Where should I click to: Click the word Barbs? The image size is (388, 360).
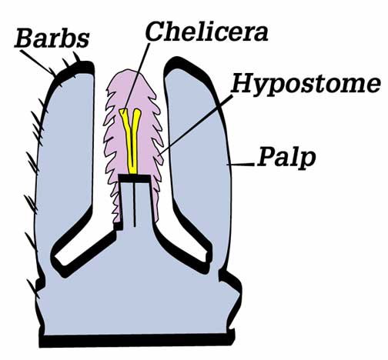tap(52, 38)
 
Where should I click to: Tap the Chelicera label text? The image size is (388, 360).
tap(207, 32)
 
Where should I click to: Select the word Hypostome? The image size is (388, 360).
tap(306, 84)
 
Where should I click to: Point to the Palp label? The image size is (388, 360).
tap(286, 158)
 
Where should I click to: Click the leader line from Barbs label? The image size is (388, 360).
tap(38, 63)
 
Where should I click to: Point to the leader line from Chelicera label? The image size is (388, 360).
tap(136, 78)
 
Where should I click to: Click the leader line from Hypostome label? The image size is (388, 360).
tap(196, 125)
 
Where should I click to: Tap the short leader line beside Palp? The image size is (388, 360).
tap(241, 164)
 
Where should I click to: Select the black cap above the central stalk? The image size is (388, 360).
tap(135, 178)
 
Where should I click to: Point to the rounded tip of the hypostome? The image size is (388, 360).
tap(129, 73)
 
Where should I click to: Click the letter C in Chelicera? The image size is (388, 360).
tap(156, 32)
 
